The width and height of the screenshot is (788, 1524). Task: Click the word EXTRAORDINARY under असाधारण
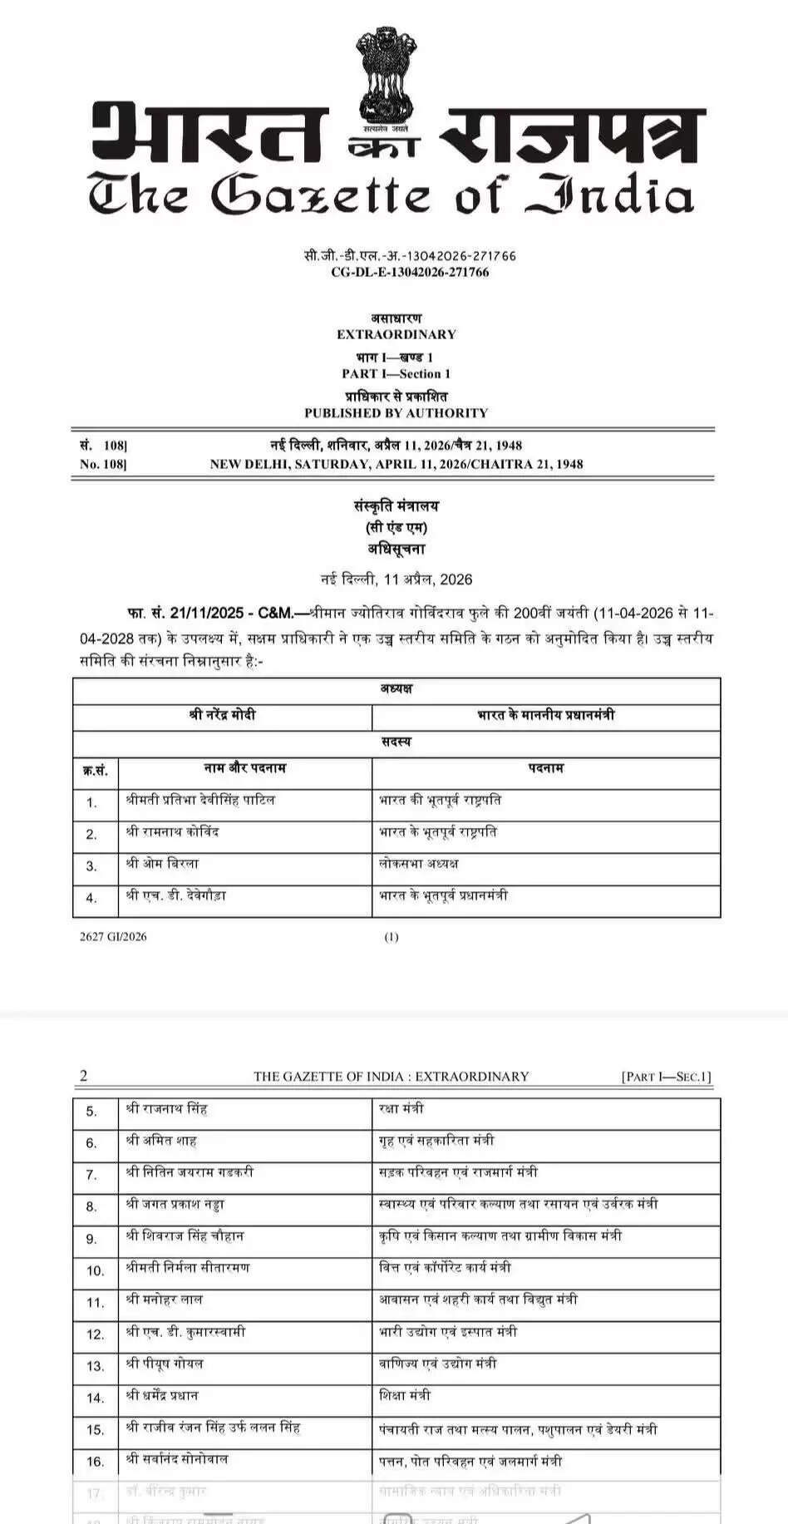396,334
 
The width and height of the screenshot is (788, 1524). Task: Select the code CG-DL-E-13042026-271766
410,272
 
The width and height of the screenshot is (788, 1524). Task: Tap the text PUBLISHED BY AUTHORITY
396,412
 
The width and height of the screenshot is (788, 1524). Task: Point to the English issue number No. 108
103,464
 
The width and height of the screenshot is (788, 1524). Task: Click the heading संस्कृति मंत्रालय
396,506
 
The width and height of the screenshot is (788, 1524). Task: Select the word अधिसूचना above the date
396,549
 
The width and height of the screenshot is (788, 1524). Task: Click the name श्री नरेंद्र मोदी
223,715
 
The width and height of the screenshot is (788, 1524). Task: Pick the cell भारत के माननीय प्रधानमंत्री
546,715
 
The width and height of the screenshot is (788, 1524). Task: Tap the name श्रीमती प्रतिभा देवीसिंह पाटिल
200,801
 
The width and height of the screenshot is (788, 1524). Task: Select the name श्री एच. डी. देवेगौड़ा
175,896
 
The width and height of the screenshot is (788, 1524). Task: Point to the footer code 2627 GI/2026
113,936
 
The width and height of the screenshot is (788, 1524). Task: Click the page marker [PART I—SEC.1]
666,1077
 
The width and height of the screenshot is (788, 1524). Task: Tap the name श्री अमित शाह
161,1141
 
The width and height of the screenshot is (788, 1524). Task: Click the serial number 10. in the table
96,1270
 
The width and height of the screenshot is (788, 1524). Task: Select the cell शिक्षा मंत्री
404,1396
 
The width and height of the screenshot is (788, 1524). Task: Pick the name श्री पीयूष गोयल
165,1364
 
